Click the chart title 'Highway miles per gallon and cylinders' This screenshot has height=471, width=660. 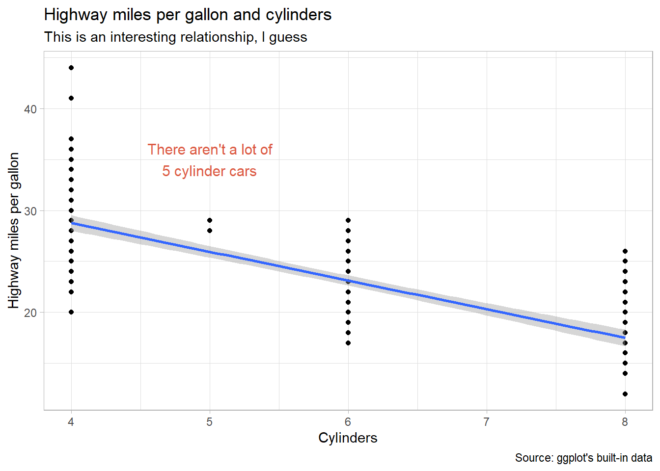[188, 15]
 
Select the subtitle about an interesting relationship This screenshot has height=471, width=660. [175, 37]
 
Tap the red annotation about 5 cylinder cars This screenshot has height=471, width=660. [210, 160]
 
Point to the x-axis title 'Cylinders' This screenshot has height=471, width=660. [348, 438]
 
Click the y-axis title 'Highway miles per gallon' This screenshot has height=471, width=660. [14, 231]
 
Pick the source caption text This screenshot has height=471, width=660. [583, 458]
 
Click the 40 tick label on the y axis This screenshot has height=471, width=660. [30, 109]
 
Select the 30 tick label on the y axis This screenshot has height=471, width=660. [30, 211]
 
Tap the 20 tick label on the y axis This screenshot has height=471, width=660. [30, 313]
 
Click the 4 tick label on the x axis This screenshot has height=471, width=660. [71, 422]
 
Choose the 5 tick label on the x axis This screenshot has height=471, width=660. [210, 422]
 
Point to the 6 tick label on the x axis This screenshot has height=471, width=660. [348, 422]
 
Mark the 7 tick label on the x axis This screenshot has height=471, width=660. [487, 422]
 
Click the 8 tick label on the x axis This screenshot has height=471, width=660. [625, 422]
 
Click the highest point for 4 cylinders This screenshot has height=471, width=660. [71, 68]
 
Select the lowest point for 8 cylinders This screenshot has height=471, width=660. [625, 394]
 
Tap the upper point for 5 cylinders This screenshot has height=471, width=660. [210, 220]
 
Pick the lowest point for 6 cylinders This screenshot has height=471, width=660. [348, 343]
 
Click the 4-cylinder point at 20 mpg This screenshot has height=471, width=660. [71, 312]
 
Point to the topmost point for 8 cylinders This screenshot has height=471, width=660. [625, 251]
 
